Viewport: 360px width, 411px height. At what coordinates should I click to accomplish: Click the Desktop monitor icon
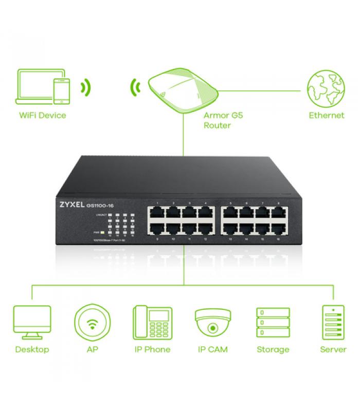[x=32, y=322]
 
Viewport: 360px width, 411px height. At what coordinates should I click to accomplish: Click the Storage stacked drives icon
[x=273, y=322]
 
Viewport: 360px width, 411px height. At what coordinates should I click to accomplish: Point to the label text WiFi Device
[x=43, y=115]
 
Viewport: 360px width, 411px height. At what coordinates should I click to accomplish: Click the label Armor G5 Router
[x=223, y=120]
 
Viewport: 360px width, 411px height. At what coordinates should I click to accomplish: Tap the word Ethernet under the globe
[x=326, y=115]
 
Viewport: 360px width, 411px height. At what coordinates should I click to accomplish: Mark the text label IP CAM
[x=212, y=349]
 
